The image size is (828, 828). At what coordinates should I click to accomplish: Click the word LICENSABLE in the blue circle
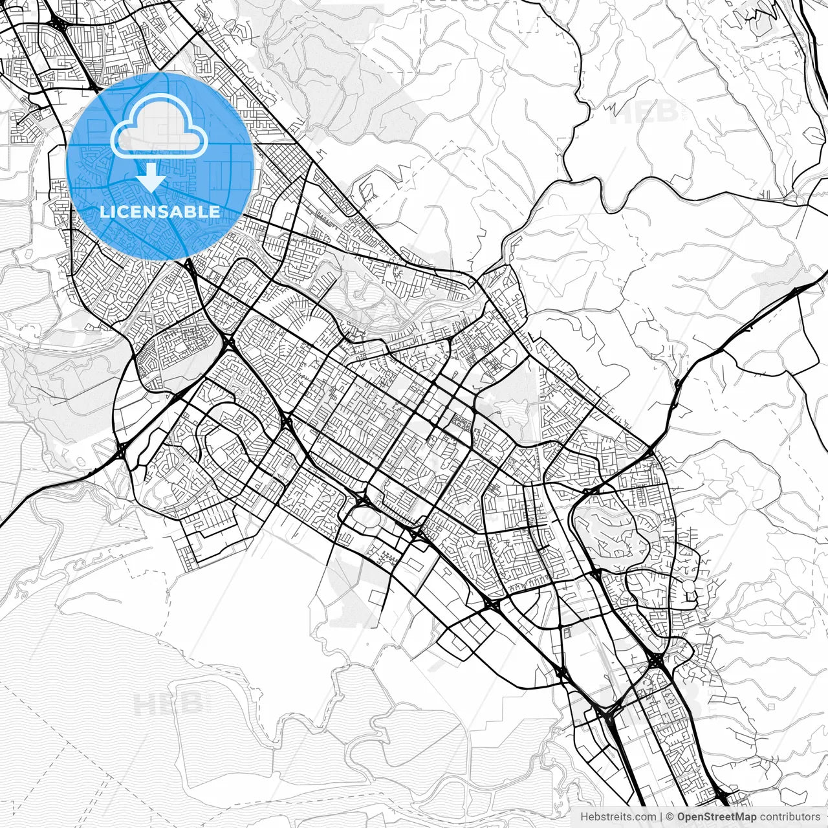160,212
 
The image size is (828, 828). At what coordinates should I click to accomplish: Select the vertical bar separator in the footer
661,817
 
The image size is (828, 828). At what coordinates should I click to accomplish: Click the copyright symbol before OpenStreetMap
670,817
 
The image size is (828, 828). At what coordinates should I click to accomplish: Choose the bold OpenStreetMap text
717,817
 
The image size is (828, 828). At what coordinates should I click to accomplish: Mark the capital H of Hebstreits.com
584,817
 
